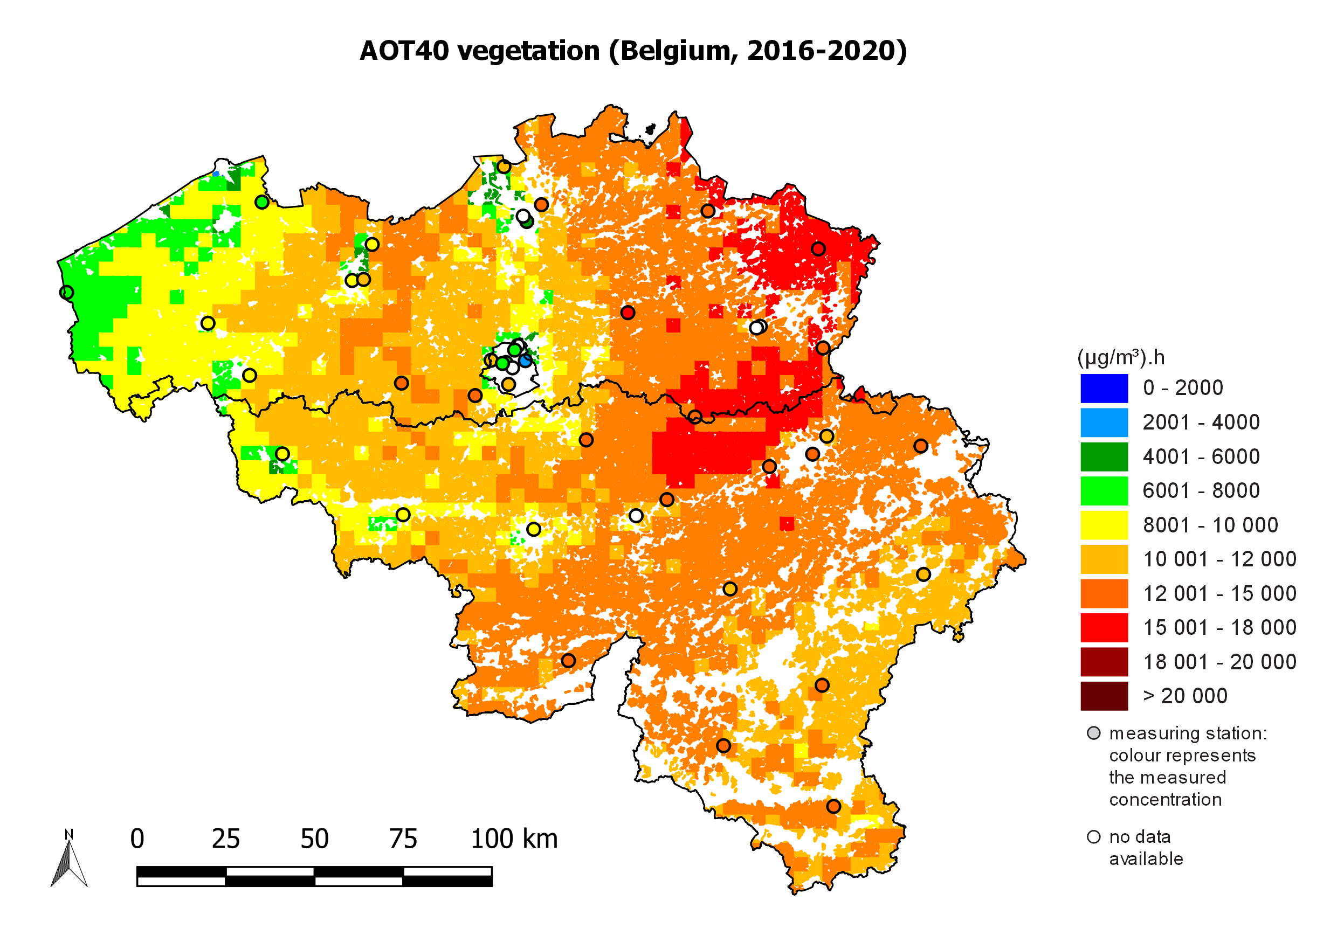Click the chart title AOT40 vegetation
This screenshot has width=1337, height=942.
pos(633,51)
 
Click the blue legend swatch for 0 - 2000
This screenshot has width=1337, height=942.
pos(1104,389)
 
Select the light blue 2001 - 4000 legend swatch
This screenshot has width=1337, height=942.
pos(1104,422)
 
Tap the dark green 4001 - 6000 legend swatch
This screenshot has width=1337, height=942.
pos(1104,457)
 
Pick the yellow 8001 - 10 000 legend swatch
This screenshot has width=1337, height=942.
pos(1104,525)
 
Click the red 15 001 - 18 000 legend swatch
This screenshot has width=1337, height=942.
pos(1104,628)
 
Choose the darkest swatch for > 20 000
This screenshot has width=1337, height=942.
pos(1104,696)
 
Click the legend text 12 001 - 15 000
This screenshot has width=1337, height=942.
pos(1219,593)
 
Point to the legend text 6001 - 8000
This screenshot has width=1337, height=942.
pos(1201,491)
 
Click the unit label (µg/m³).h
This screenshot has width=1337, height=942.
pos(1121,357)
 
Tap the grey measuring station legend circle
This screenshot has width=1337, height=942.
pos(1094,733)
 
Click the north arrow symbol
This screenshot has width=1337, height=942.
pos(70,859)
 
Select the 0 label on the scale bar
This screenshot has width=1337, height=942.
pos(137,839)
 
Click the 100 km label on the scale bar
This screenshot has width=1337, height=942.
pos(514,839)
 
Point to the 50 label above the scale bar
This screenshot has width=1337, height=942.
pos(314,839)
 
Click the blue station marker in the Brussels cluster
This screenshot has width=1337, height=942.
pos(526,361)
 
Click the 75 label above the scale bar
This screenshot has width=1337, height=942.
pos(403,839)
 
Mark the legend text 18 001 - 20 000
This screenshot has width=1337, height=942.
pos(1219,662)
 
